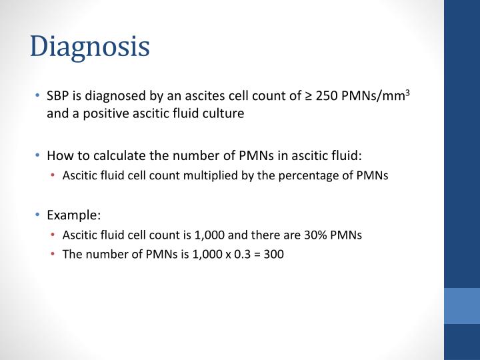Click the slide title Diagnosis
pyautogui.click(x=90, y=47)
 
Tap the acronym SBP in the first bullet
pyautogui.click(x=57, y=95)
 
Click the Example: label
pyautogui.click(x=73, y=215)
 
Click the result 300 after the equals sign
pyautogui.click(x=274, y=254)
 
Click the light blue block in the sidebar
pyautogui.click(x=461, y=305)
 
